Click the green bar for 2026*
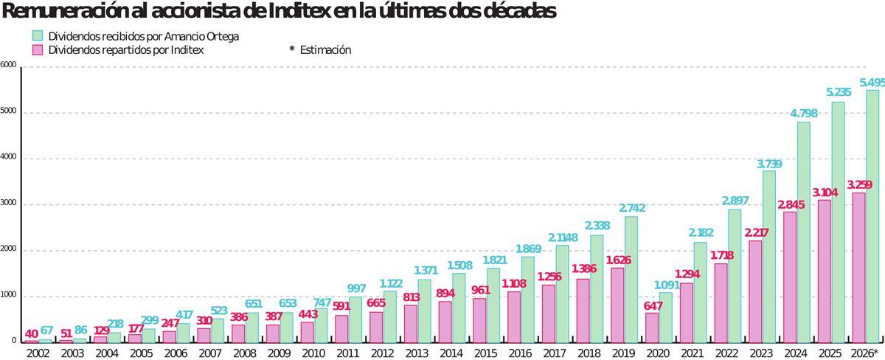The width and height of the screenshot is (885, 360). point(872,216)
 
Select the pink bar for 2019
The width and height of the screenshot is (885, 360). point(617,305)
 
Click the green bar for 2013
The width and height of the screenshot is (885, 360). point(424,311)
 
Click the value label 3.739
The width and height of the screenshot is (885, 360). point(769,164)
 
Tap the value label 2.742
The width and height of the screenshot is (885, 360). point(632,209)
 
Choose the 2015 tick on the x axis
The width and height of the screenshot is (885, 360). point(486,353)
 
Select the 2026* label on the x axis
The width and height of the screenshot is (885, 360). point(864,353)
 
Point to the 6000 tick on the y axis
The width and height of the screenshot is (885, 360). point(8,65)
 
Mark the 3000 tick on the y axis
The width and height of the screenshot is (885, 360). point(8,204)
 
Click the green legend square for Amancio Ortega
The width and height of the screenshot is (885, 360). point(38,35)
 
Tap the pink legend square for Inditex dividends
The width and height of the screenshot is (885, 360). point(38,49)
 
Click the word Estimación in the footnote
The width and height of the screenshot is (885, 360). point(325,50)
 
